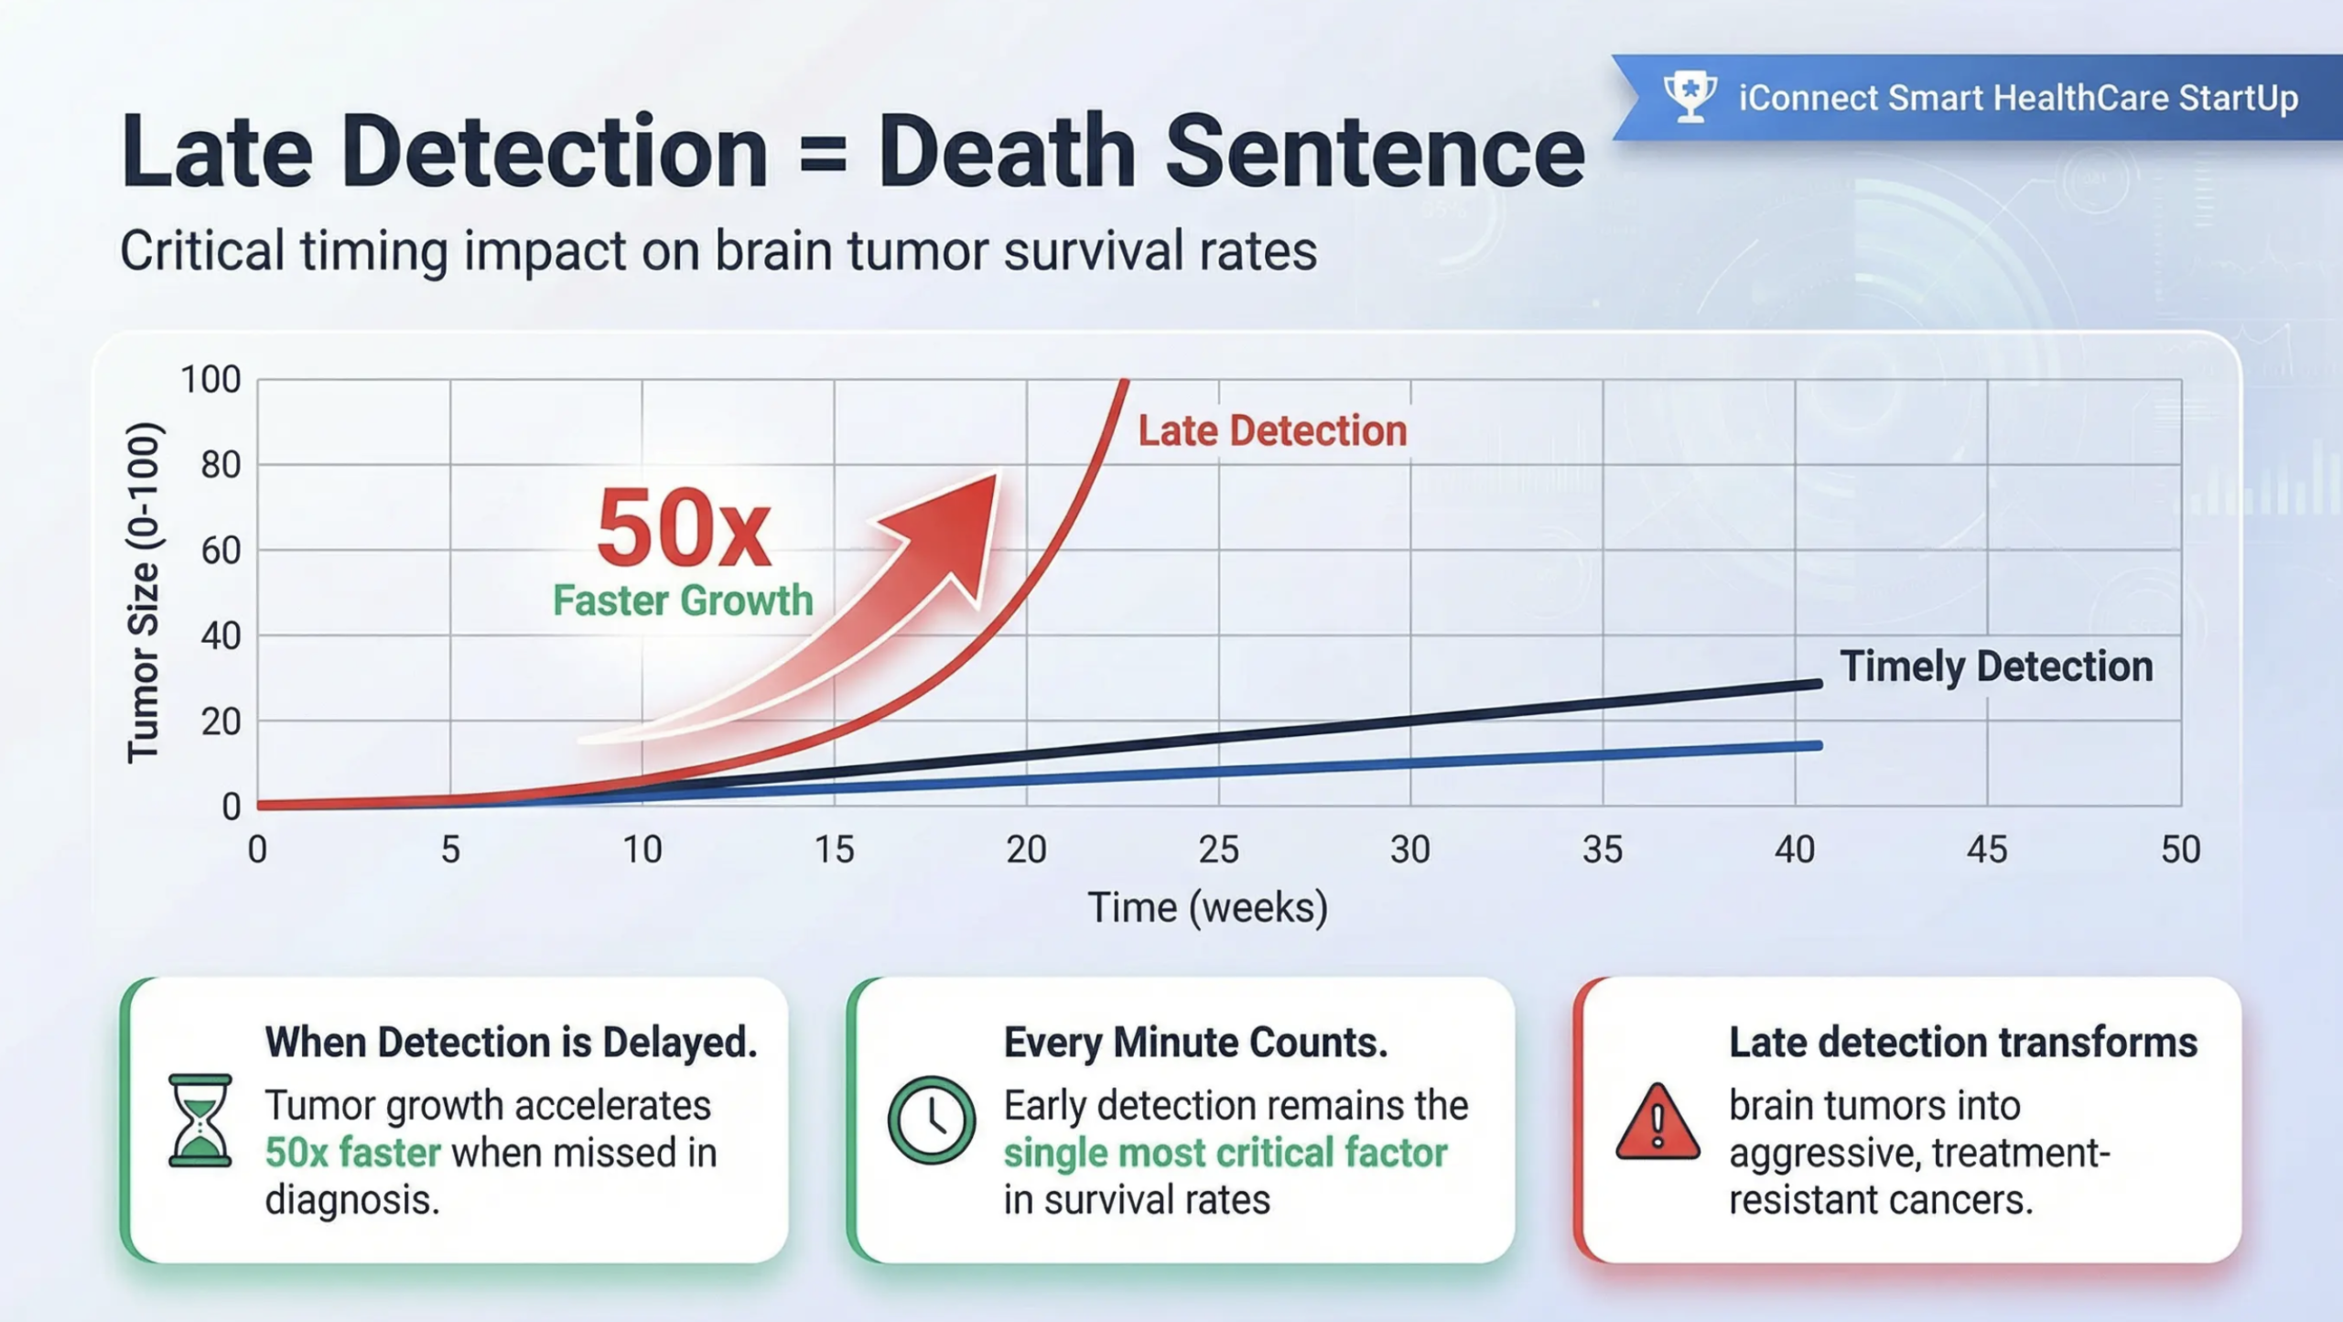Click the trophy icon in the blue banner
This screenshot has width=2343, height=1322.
[1690, 96]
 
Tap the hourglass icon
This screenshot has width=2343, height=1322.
[200, 1120]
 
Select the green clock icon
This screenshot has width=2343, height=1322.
[931, 1120]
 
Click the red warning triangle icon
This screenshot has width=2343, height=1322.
[1657, 1122]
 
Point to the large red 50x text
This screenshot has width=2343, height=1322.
[683, 529]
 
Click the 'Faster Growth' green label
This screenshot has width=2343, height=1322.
[683, 601]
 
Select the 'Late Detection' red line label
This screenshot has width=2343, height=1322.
[1272, 431]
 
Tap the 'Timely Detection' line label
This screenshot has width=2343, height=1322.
[1996, 666]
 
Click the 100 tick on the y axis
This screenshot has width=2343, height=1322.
[211, 379]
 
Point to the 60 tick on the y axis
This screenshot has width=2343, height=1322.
[221, 550]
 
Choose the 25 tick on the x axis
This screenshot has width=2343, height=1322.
[1218, 851]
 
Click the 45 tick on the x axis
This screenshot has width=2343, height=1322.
[1987, 851]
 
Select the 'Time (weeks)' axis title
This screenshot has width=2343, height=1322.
[1207, 908]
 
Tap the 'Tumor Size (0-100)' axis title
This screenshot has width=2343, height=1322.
[144, 592]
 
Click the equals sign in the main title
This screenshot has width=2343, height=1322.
[823, 153]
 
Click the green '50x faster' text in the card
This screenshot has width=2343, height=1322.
[353, 1153]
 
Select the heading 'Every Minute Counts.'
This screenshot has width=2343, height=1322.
[1195, 1043]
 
